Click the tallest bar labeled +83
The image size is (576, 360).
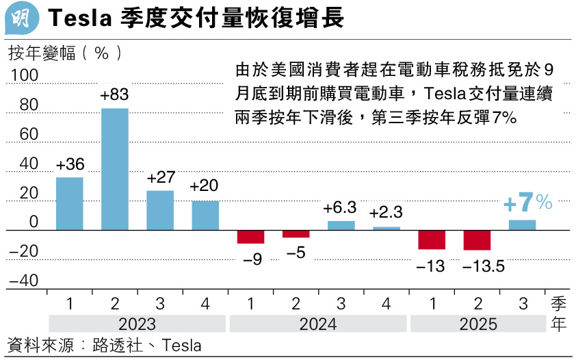115,168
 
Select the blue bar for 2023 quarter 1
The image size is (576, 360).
70,203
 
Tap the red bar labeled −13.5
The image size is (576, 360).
477,240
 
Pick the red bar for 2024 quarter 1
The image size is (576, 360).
250,237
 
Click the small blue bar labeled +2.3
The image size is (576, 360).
387,229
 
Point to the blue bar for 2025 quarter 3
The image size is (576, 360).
522,225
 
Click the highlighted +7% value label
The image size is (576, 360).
527,203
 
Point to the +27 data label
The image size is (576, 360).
161,178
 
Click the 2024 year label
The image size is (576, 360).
318,324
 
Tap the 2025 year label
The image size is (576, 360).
477,324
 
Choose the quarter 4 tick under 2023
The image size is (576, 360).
205,302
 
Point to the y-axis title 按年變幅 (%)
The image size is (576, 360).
66,53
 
